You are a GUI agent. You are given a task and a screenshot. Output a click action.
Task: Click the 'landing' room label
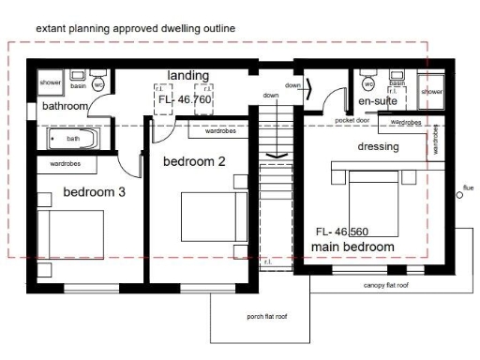point(188,75)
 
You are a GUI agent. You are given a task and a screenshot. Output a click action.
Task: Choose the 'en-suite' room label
point(378,100)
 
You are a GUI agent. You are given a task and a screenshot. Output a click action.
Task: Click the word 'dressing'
point(379,147)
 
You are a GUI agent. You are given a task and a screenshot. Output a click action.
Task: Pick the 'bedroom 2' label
point(195,161)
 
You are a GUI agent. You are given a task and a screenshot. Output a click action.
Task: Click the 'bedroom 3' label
point(94,192)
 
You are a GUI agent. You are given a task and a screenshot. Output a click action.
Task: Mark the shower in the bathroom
point(51,82)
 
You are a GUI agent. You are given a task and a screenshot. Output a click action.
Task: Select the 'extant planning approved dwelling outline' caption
point(136,29)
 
